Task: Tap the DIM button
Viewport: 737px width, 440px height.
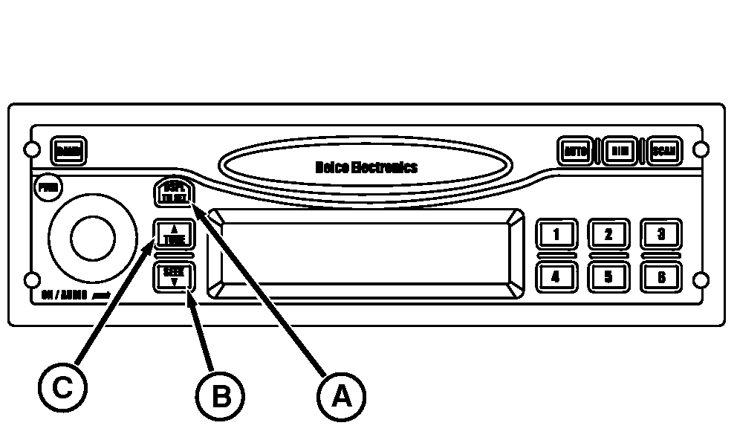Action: coord(618,151)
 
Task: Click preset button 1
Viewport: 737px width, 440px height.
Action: coord(555,234)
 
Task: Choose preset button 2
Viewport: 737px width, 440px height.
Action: coord(608,234)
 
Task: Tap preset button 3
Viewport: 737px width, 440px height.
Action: coord(661,234)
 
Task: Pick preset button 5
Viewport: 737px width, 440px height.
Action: coord(608,277)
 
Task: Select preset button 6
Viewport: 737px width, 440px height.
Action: coord(661,277)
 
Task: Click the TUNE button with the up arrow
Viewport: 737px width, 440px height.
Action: coord(175,235)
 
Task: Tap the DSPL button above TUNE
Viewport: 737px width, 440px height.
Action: coord(173,193)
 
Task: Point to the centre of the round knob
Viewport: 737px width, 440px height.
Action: coord(93,238)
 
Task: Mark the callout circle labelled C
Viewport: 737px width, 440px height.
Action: coord(63,387)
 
